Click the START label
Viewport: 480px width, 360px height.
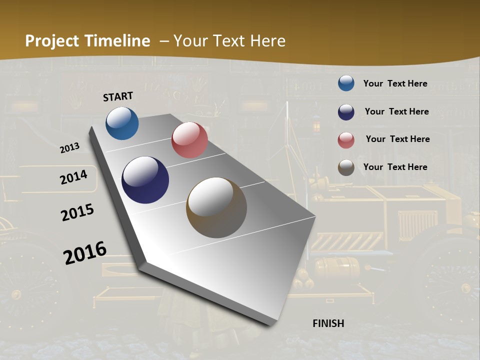(x=118, y=96)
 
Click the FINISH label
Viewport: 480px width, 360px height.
(x=328, y=323)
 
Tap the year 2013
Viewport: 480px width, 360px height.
(x=69, y=148)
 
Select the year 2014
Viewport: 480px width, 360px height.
(x=73, y=177)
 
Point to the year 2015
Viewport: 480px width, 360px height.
(x=77, y=212)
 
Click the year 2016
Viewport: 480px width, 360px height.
(x=85, y=252)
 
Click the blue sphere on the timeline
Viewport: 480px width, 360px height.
(x=122, y=123)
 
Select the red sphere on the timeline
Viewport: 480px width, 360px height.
(x=189, y=140)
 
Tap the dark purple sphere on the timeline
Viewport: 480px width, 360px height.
(x=145, y=180)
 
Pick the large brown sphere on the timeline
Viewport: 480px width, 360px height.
(x=216, y=207)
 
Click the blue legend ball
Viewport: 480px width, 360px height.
(x=346, y=83)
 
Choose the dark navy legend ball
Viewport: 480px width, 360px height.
(x=346, y=111)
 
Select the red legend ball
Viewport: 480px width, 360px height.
(x=346, y=139)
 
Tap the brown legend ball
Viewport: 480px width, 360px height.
(x=346, y=167)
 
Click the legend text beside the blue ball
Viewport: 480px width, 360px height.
(x=395, y=83)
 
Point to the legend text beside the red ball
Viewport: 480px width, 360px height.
(x=397, y=139)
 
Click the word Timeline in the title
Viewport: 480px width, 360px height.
(x=117, y=41)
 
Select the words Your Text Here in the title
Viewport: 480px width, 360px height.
(x=229, y=41)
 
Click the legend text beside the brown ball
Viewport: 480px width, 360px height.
(x=395, y=167)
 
